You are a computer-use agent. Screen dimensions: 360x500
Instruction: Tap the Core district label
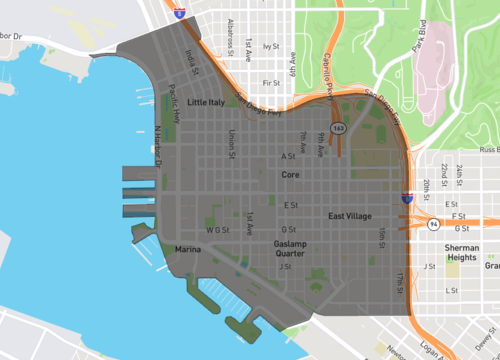[290, 174]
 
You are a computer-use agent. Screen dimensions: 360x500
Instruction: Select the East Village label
[350, 216]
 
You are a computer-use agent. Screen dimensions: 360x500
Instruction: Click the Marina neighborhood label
[188, 247]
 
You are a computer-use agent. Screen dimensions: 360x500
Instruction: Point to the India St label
[190, 62]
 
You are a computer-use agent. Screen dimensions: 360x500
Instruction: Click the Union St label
[232, 144]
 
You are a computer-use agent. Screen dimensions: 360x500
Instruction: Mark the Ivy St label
[268, 46]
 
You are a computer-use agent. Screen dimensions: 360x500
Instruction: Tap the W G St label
[217, 230]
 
